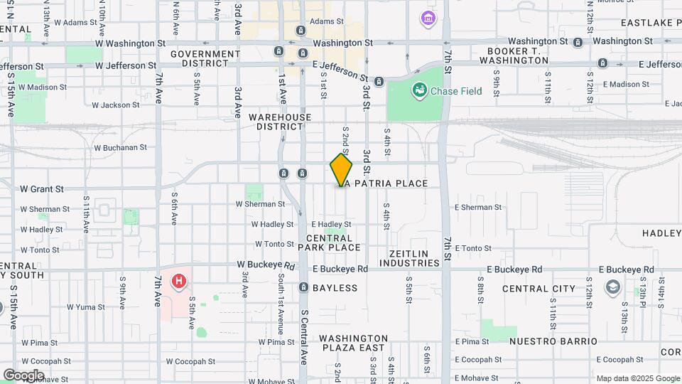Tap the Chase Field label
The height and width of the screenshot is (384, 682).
point(458,91)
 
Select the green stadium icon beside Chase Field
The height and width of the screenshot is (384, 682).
point(419,90)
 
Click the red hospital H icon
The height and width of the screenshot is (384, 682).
point(178,282)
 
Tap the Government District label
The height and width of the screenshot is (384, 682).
point(205,59)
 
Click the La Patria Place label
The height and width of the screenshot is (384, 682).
point(384,183)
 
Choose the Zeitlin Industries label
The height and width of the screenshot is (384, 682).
point(414,258)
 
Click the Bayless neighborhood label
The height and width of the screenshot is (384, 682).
point(335,288)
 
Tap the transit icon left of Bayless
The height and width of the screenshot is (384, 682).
point(303,288)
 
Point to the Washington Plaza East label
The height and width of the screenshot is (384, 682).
point(354,343)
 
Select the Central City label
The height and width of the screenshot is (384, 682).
point(538,289)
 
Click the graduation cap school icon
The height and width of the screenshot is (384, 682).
point(612,287)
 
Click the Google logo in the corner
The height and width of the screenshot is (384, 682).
point(23,375)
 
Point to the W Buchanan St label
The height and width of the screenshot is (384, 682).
point(120,148)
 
